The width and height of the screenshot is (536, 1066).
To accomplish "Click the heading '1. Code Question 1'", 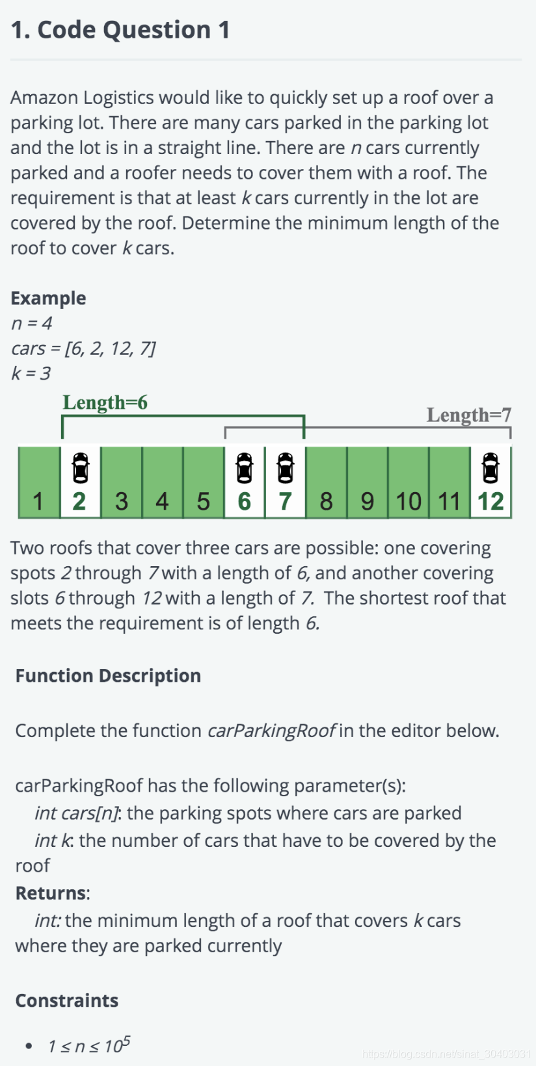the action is [x=120, y=30].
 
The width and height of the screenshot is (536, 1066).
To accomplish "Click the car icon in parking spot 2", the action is [x=80, y=468].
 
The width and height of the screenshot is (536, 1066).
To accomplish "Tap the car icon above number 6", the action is [x=244, y=468].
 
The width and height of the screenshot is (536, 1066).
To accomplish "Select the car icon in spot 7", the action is [x=285, y=468].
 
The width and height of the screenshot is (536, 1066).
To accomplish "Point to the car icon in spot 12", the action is [x=490, y=468].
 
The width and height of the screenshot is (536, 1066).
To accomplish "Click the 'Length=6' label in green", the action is [x=105, y=402].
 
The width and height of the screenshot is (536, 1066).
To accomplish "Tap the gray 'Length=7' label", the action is [x=468, y=415].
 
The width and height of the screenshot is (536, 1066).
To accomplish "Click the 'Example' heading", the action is [x=48, y=298].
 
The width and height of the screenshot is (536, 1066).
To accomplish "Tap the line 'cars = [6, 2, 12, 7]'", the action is [x=83, y=348].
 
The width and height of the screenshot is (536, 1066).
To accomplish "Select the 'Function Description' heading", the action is [x=108, y=675].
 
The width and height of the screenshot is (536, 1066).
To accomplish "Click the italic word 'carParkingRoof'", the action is [x=271, y=731].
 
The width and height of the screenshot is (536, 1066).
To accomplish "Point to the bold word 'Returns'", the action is [x=51, y=893].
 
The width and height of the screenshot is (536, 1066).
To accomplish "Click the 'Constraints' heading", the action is [x=66, y=1000].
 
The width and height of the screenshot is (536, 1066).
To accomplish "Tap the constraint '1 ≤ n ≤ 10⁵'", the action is [x=88, y=1045].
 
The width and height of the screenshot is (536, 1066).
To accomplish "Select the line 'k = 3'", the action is [x=31, y=373].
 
